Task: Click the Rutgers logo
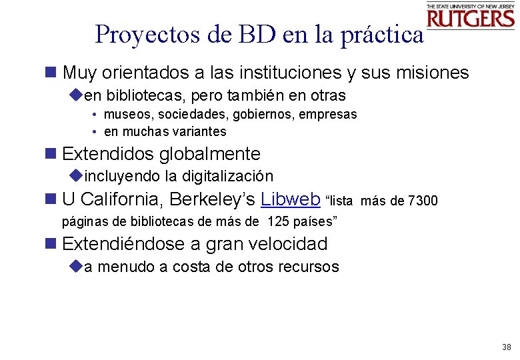tap(471, 15)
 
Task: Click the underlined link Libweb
tap(291, 199)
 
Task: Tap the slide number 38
tap(507, 347)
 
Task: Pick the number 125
tap(279, 221)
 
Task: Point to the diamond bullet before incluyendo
tap(75, 176)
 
